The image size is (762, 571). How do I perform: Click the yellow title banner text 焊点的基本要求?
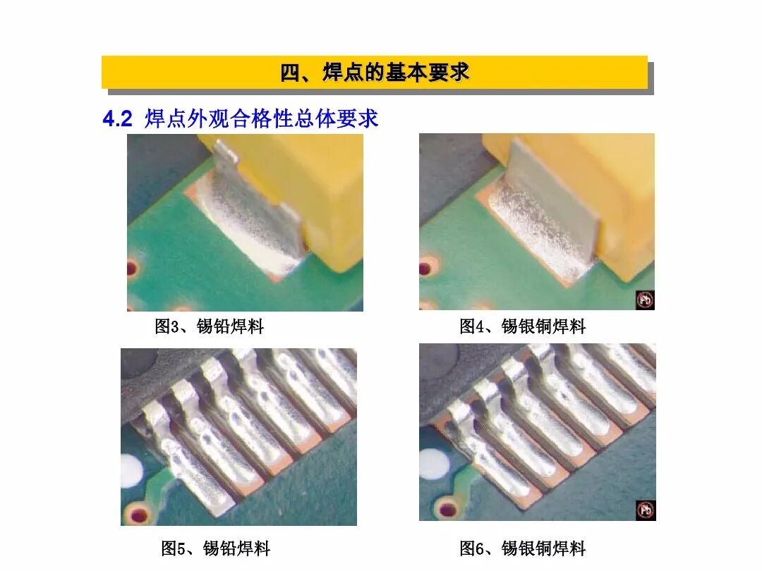pyautogui.click(x=375, y=73)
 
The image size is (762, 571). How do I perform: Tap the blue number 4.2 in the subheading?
pyautogui.click(x=117, y=119)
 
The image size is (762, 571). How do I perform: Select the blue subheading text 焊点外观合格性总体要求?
pyautogui.click(x=262, y=119)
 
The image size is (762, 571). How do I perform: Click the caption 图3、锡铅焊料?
pyautogui.click(x=209, y=326)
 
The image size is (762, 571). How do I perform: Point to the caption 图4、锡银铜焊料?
pyautogui.click(x=522, y=326)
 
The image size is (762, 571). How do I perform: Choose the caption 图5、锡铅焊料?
pyautogui.click(x=215, y=548)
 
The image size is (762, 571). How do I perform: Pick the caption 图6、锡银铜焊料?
pyautogui.click(x=522, y=548)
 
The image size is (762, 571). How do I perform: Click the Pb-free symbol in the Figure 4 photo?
pyautogui.click(x=645, y=300)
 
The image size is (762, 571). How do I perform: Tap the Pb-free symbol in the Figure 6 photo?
pyautogui.click(x=645, y=510)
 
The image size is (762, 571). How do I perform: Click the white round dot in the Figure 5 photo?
pyautogui.click(x=131, y=469)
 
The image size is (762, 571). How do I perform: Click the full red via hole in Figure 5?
pyautogui.click(x=139, y=513)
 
